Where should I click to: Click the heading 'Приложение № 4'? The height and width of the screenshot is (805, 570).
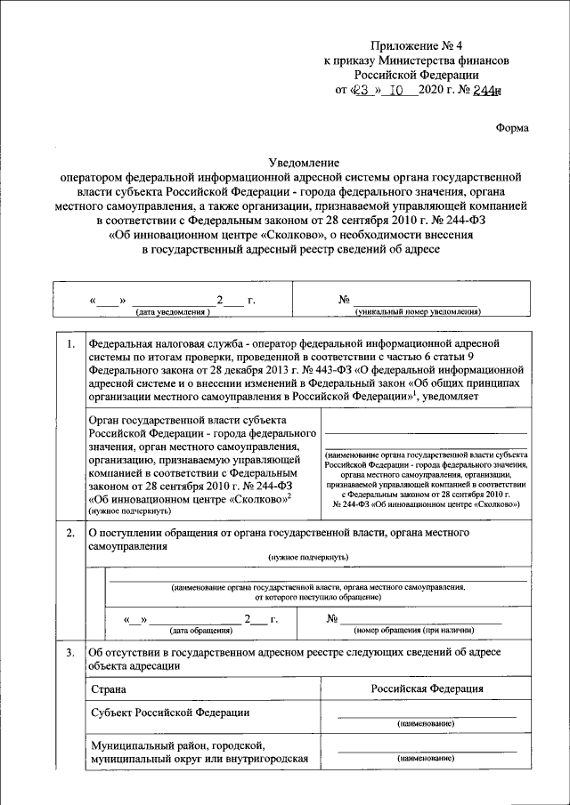point(417,44)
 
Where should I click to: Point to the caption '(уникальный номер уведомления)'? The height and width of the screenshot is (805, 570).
point(417,312)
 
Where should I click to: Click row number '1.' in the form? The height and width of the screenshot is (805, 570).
point(68,342)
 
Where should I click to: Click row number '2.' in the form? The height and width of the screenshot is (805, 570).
point(68,533)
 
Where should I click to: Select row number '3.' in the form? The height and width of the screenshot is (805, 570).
point(68,653)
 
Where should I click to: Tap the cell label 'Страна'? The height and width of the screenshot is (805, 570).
point(108,689)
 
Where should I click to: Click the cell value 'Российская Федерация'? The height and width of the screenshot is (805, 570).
point(427,688)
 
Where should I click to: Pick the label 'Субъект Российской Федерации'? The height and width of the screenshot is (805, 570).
point(170,712)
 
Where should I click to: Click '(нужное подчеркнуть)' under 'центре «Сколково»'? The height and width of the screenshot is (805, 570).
point(127,512)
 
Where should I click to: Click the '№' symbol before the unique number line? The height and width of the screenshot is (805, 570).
point(343,299)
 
